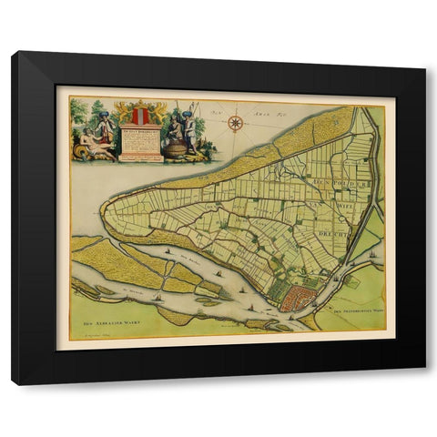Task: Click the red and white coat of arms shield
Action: click(139, 116)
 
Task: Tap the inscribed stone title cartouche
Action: click(140, 144)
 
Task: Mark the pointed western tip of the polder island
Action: click(103, 211)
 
